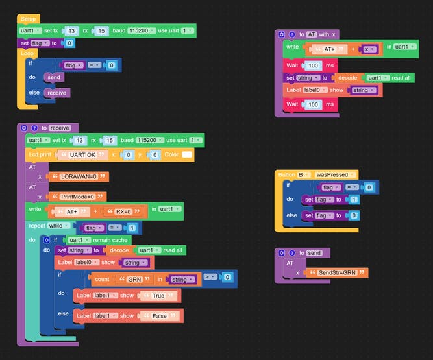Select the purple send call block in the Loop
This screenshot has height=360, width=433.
click(54, 78)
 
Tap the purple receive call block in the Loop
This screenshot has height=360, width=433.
click(57, 93)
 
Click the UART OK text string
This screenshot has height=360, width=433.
click(82, 155)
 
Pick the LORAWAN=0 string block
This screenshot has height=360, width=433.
click(79, 176)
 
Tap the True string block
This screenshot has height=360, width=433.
click(158, 296)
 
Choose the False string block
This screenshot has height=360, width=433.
click(159, 315)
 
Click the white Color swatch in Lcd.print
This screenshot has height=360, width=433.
click(187, 155)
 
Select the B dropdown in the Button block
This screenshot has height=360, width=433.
click(303, 175)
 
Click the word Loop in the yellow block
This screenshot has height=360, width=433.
click(27, 53)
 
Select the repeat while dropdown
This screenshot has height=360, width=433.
click(58, 227)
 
